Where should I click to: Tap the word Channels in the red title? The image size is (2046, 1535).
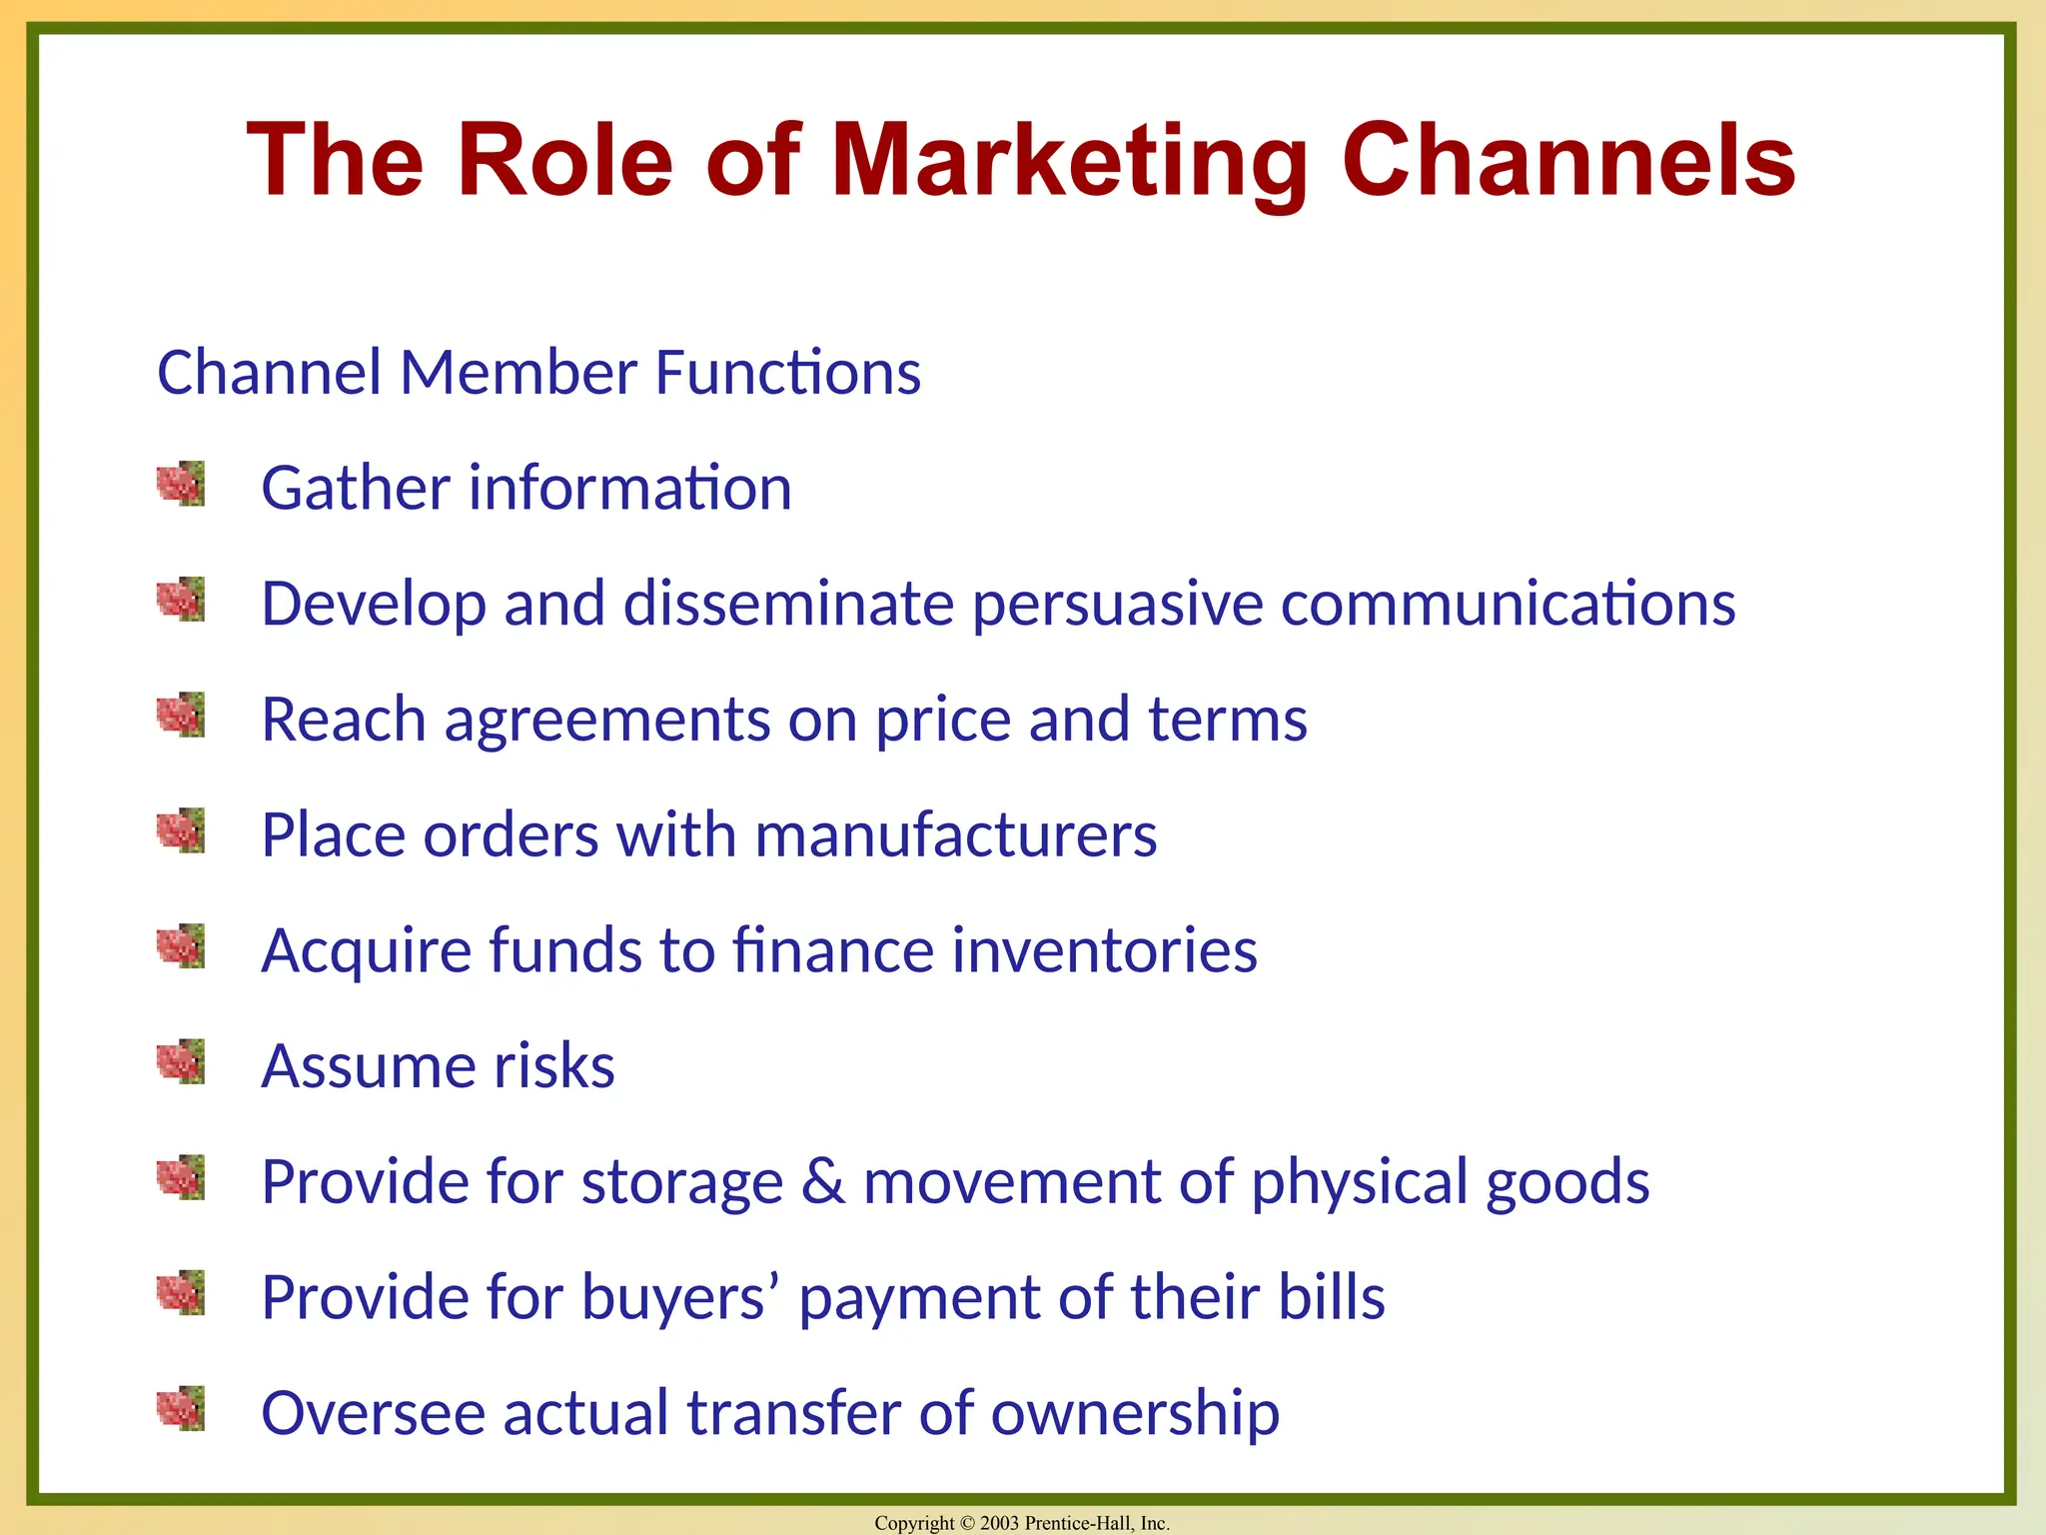coord(1568,160)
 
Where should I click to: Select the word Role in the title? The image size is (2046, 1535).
coord(564,160)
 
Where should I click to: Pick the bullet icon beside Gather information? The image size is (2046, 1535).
coord(181,484)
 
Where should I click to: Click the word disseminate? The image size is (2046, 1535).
coord(788,604)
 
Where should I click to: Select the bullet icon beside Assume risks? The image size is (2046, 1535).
coord(181,1061)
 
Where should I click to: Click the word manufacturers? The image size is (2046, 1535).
coord(956,834)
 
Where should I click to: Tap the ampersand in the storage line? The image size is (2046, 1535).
coord(823,1181)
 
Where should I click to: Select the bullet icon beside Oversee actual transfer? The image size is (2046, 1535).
coord(181,1408)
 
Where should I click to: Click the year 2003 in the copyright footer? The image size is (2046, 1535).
coord(999,1523)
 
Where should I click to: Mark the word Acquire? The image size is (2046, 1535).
coord(366,951)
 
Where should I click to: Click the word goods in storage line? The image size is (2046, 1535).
coord(1567,1183)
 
